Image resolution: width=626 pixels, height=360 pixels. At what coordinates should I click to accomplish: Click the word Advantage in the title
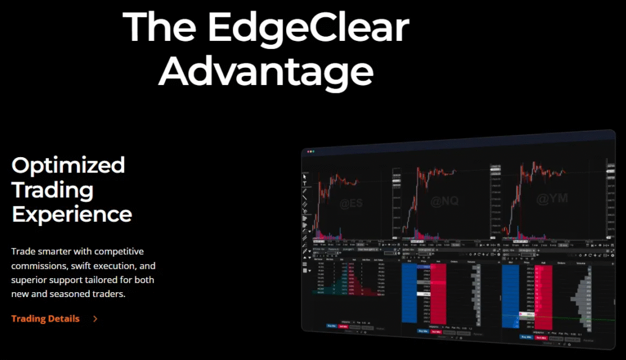270,72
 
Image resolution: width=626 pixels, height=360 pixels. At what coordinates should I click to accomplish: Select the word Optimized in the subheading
68,165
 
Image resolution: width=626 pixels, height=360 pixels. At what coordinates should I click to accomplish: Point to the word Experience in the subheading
72,214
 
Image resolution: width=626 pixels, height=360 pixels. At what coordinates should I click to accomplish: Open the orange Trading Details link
45,318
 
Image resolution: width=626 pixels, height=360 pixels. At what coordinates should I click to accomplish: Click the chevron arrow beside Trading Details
95,318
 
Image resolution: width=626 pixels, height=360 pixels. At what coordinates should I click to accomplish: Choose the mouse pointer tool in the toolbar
304,177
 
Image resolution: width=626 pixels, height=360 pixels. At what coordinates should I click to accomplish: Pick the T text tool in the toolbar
304,183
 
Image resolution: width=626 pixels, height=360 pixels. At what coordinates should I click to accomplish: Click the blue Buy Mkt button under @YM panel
526,337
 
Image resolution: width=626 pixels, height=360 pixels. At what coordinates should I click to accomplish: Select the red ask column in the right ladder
543,290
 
